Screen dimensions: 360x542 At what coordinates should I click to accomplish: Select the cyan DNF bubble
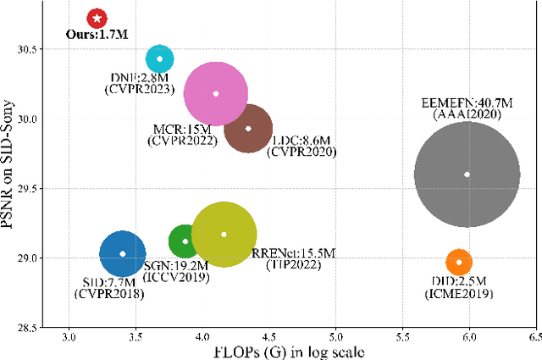(x=159, y=59)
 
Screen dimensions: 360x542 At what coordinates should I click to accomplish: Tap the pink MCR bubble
(x=216, y=93)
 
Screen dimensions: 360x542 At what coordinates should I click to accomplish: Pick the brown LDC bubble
(x=248, y=129)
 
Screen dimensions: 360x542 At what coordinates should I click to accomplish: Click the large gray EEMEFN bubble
(x=467, y=174)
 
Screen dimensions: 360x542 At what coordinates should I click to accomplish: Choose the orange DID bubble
(x=459, y=262)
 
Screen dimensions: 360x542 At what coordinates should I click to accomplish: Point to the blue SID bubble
(x=123, y=253)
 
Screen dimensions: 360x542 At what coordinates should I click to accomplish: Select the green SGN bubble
(x=185, y=241)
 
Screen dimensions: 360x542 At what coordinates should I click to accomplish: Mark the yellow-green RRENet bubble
(x=224, y=234)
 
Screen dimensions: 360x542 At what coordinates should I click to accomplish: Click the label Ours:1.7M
(x=97, y=36)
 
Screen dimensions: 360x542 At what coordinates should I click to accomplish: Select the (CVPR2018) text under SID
(x=109, y=294)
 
